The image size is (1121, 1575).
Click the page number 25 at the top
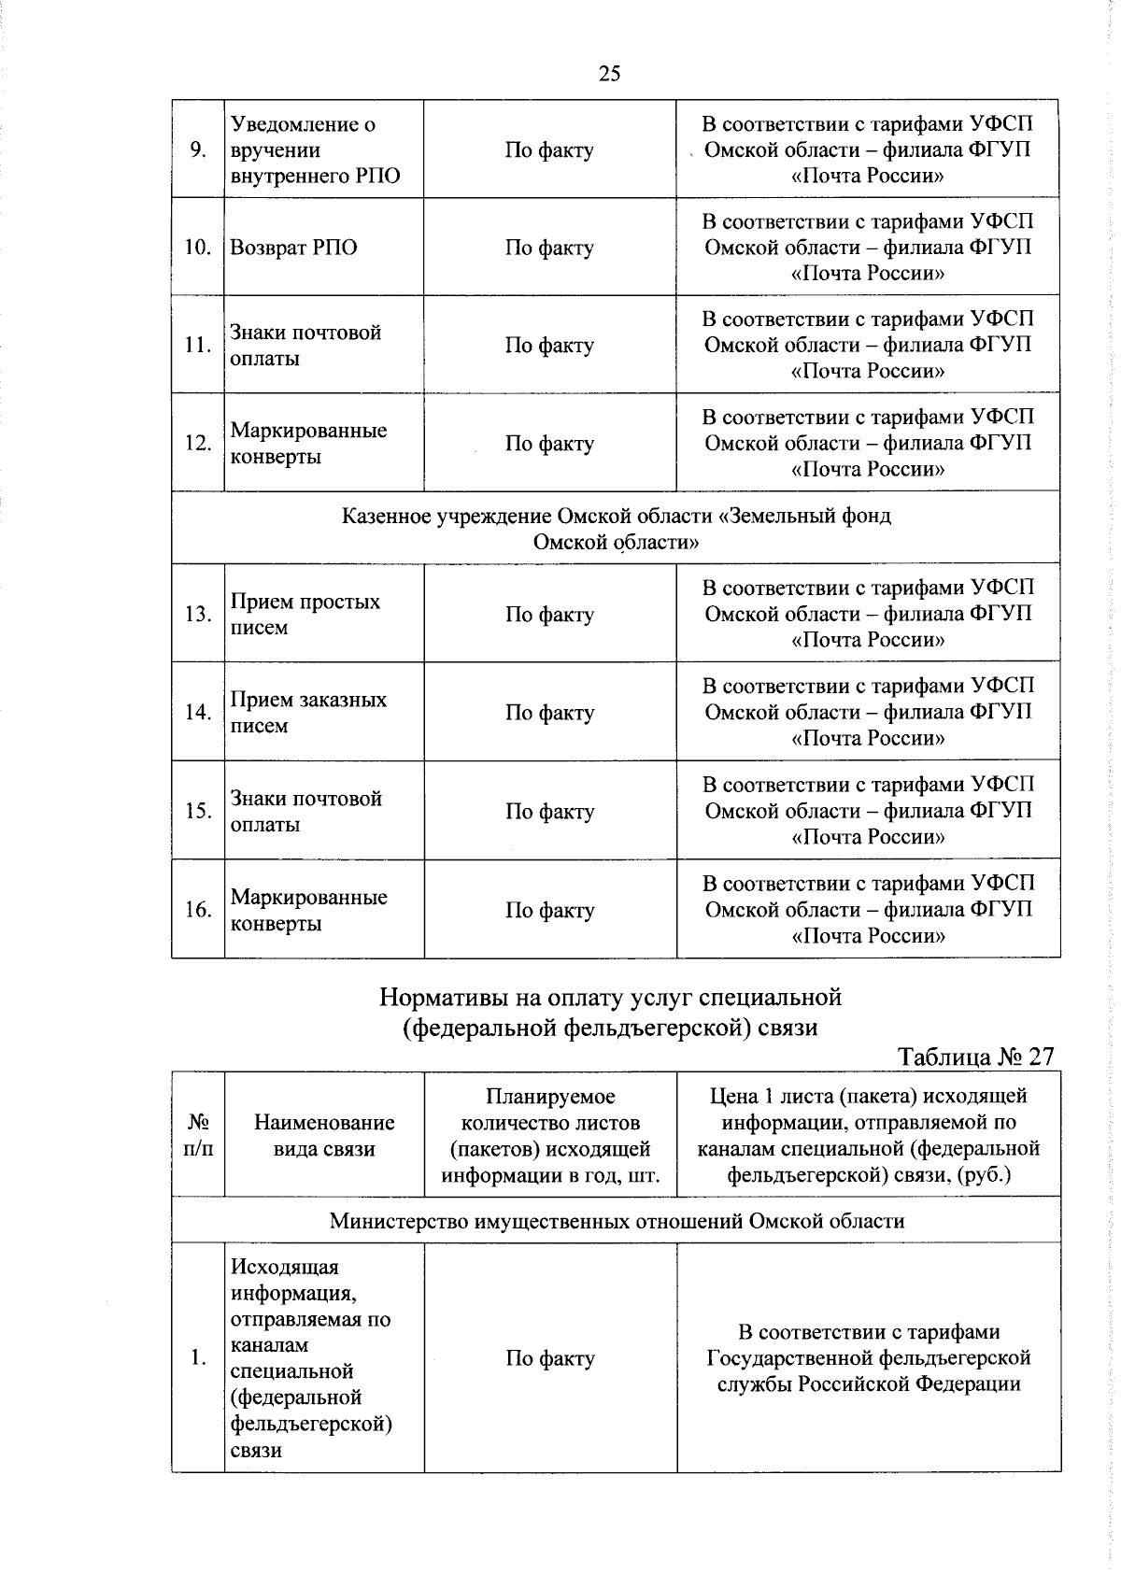tap(609, 74)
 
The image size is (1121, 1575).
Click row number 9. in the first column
tap(198, 150)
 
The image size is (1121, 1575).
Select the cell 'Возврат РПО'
tap(293, 248)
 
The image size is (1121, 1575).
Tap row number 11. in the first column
tap(198, 346)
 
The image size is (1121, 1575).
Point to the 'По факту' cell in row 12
tap(549, 444)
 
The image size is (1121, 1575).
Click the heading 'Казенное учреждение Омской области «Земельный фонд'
tap(616, 516)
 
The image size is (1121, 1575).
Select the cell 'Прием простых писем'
tap(305, 615)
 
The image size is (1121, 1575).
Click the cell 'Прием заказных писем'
tap(308, 713)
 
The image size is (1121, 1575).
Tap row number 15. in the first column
tap(198, 811)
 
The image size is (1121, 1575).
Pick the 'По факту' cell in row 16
tap(549, 910)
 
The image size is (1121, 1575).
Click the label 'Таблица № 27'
tap(975, 1057)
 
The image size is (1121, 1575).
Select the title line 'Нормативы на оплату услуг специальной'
tap(610, 998)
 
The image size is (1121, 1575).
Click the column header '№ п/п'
tap(198, 1135)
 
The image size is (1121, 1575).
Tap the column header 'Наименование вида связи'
tap(324, 1135)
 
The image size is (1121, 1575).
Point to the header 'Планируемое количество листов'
tap(550, 1109)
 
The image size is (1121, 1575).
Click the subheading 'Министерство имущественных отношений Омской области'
tap(616, 1221)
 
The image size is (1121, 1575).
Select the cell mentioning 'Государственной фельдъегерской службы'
tap(868, 1358)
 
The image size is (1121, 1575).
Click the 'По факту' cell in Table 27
tap(550, 1358)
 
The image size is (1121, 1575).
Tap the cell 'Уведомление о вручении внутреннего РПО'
tap(315, 150)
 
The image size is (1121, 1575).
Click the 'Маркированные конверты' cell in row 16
tap(308, 910)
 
